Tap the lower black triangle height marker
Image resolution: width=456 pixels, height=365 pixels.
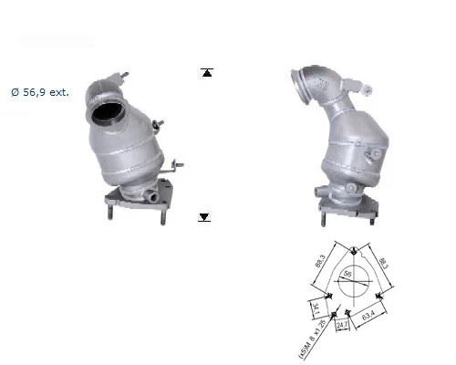point(204,217)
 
